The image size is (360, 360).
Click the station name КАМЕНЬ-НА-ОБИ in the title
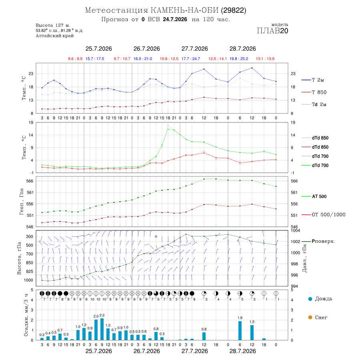(x=184, y=10)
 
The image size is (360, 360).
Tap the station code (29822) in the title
(x=234, y=10)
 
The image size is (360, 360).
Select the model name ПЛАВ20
(x=272, y=31)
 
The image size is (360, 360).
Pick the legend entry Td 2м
(x=314, y=104)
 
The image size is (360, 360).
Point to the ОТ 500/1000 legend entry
(x=324, y=215)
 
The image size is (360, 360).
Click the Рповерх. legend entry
(x=318, y=241)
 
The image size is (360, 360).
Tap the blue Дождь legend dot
(x=310, y=299)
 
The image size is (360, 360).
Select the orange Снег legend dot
(x=310, y=318)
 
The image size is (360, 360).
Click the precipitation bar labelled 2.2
(x=102, y=329)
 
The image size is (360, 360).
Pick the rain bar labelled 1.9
(x=240, y=331)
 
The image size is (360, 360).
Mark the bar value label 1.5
(x=252, y=322)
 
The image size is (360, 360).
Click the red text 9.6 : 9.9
(x=75, y=59)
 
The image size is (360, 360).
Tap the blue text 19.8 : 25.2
(x=239, y=59)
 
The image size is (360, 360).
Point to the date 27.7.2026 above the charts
(x=195, y=49)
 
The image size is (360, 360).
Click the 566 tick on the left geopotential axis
(x=30, y=181)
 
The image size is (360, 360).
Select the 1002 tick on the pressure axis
(x=295, y=242)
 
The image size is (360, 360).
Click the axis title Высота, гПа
(x=19, y=258)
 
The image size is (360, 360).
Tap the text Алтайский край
(x=55, y=36)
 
